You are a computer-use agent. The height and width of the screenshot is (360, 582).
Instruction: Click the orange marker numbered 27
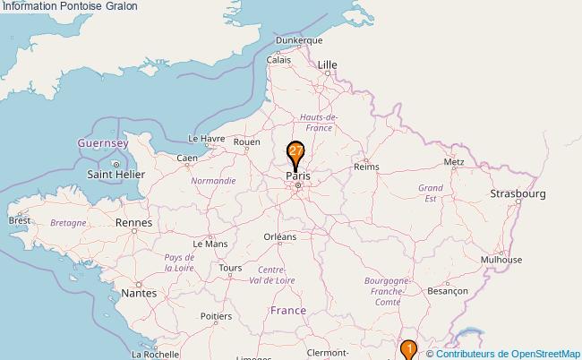pyautogui.click(x=295, y=153)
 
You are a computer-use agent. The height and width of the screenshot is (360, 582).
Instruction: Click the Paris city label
pyautogui.click(x=298, y=176)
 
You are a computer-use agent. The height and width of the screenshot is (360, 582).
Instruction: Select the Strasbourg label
pyautogui.click(x=518, y=193)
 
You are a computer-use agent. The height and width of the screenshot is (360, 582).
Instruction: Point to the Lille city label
pyautogui.click(x=329, y=64)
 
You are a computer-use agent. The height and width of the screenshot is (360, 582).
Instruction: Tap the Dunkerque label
pyautogui.click(x=299, y=40)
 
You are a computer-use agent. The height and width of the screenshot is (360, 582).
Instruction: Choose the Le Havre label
pyautogui.click(x=206, y=139)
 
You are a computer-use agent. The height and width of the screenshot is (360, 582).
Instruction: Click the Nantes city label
pyautogui.click(x=139, y=293)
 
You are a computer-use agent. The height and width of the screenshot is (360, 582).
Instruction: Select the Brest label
pyautogui.click(x=19, y=219)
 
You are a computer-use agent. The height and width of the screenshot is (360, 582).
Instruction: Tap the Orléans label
pyautogui.click(x=279, y=236)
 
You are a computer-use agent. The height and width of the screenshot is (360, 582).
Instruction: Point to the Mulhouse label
pyautogui.click(x=501, y=260)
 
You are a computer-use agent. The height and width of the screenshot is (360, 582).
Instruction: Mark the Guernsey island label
pyautogui.click(x=103, y=143)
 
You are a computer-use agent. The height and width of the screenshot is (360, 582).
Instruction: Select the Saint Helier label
pyautogui.click(x=116, y=174)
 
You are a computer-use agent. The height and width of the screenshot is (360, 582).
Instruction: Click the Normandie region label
pyautogui.click(x=213, y=180)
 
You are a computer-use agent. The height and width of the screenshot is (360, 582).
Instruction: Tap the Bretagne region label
pyautogui.click(x=68, y=222)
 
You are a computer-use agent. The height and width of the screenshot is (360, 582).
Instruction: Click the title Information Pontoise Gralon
pyautogui.click(x=70, y=6)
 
